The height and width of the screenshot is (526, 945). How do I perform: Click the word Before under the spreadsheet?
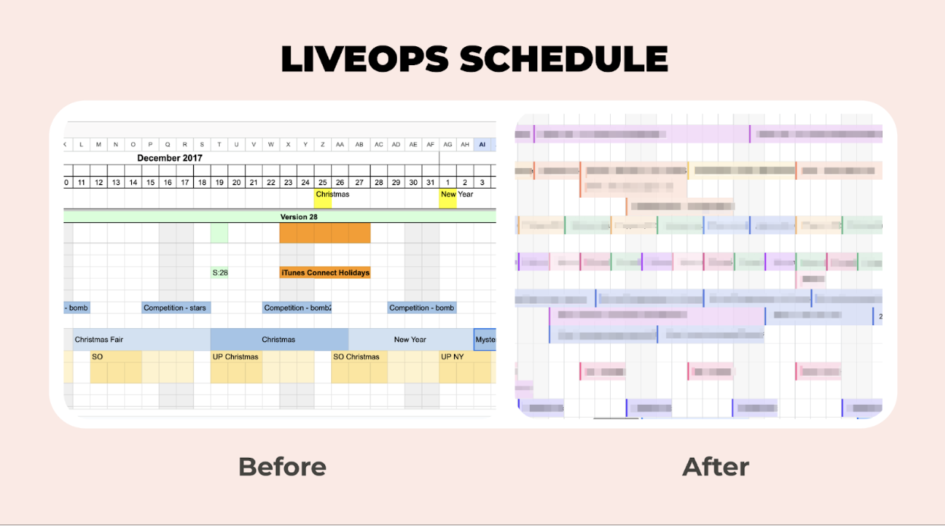282,466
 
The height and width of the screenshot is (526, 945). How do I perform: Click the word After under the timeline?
715,466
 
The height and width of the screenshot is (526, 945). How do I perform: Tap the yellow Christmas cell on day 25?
324,194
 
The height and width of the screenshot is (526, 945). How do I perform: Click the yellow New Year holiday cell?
448,194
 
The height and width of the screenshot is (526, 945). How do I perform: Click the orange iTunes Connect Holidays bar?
325,272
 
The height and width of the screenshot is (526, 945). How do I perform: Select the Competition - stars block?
175,308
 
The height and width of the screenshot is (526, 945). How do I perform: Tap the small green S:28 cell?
220,272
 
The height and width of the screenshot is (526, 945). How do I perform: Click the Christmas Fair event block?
99,340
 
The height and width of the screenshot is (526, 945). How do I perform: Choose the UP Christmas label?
235,357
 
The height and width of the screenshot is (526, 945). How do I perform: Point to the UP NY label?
452,357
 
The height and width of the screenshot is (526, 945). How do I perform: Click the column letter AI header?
483,144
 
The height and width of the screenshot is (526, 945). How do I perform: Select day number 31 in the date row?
430,182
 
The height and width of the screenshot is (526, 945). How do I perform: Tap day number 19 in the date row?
220,182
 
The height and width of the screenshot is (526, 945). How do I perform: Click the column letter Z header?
324,144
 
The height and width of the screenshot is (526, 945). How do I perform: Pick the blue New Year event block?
410,340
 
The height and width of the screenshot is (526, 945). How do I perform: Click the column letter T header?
220,144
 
